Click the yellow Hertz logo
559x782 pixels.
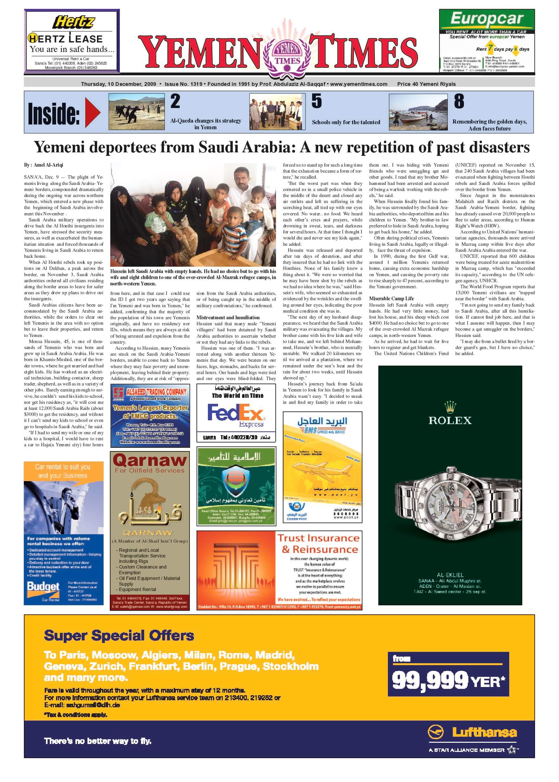pos(73,22)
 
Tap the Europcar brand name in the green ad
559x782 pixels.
pos(487,19)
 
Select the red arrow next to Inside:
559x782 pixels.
pos(92,112)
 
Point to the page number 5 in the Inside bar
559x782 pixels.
pos(316,101)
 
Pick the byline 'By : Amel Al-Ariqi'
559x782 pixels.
pos(44,165)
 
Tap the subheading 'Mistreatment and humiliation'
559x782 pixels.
pos(228,318)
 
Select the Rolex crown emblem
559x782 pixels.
pos(450,407)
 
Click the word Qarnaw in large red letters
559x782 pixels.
pos(149,460)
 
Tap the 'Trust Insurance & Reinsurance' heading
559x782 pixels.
pos(318,544)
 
